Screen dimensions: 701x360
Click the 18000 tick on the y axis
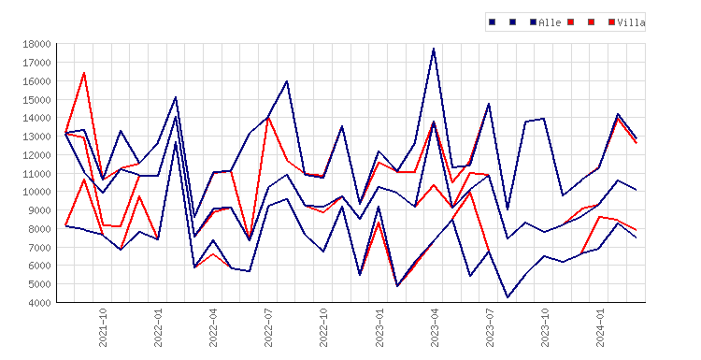click(37, 44)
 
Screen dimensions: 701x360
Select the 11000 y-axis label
click(37, 174)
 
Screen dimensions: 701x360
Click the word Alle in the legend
click(550, 22)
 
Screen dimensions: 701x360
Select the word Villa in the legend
click(631, 22)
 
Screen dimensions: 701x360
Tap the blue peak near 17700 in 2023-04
click(434, 49)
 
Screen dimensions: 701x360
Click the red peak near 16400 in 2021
click(84, 73)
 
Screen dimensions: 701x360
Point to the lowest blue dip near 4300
click(508, 297)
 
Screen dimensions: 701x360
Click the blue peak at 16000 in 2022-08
click(287, 81)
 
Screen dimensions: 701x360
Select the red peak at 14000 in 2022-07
click(268, 118)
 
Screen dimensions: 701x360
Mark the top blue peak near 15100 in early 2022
click(176, 97)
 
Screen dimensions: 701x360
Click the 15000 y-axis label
click(37, 100)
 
